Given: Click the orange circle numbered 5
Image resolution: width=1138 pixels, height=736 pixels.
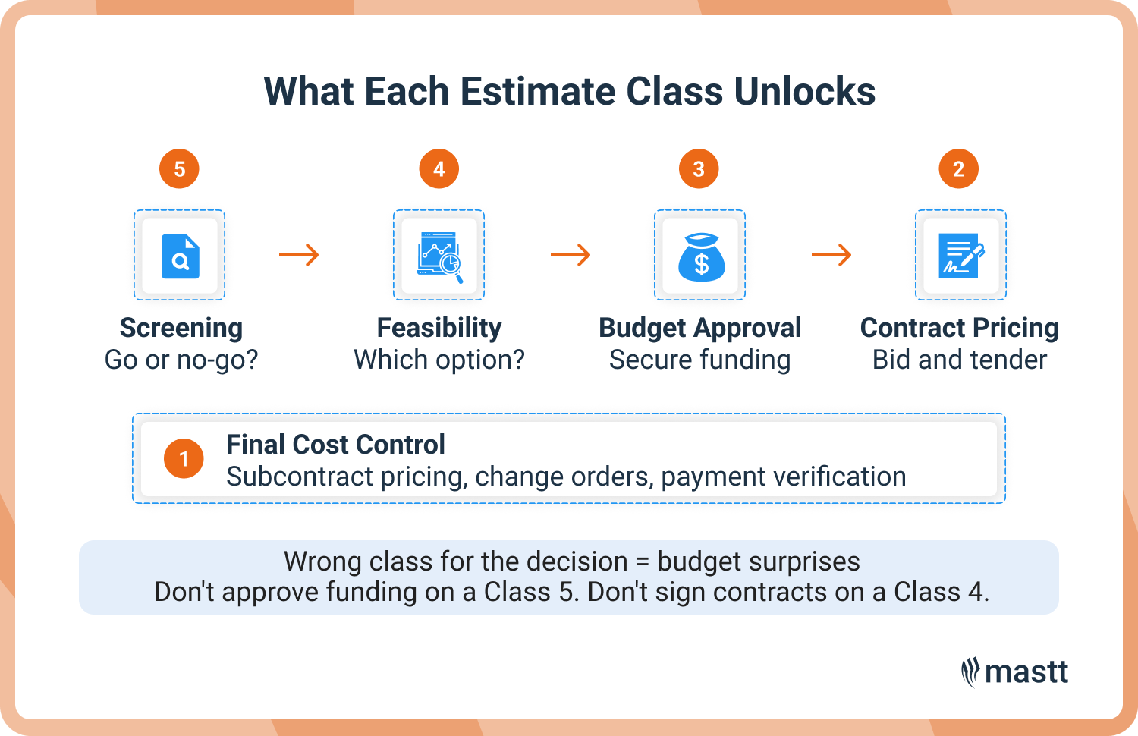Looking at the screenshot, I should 179,168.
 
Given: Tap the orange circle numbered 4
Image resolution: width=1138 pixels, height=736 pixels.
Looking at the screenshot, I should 439,168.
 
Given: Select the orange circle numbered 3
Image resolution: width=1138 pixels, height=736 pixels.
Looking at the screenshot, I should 699,168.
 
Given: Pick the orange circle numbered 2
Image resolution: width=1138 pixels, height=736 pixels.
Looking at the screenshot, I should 959,168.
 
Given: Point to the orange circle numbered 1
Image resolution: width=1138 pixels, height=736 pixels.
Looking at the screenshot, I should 184,459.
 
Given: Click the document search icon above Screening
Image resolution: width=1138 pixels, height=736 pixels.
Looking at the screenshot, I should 180,256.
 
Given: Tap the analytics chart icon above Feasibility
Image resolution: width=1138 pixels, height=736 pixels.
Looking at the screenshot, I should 439,256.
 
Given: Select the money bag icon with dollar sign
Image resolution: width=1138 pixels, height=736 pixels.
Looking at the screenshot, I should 700,256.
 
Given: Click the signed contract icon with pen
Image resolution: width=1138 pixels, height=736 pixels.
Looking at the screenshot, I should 960,256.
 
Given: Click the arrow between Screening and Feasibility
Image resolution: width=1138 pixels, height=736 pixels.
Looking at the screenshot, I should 299,255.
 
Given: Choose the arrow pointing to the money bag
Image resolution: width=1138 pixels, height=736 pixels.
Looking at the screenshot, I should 571,255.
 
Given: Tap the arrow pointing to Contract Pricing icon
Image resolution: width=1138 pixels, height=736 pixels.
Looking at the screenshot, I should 831,255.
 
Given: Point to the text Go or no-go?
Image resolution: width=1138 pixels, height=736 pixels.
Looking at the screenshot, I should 181,360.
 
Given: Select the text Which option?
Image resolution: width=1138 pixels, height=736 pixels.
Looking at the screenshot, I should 439,360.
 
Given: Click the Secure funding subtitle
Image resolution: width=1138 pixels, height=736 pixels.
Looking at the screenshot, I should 699,360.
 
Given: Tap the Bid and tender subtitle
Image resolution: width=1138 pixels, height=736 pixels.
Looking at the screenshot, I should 960,360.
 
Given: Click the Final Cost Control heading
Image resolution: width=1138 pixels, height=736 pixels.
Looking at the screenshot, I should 335,445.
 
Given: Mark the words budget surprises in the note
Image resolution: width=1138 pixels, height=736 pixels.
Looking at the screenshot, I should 758,561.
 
